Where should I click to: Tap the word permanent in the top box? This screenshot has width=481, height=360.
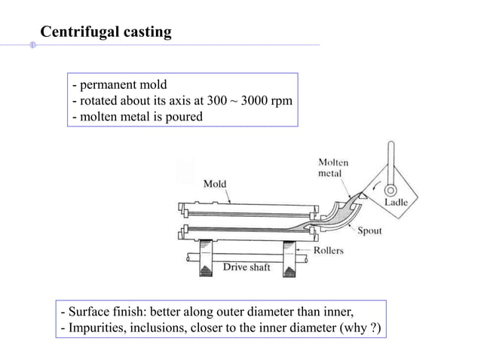pos(107,86)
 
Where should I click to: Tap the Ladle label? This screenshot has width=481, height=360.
pos(397,203)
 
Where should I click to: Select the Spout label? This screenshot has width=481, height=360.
pos(369,232)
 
